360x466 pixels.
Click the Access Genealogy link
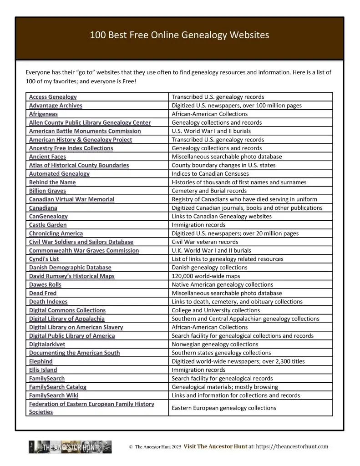[x=53, y=97]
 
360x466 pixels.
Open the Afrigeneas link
[x=43, y=114]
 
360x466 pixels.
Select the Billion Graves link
[x=47, y=191]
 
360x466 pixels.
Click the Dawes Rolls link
[x=45, y=284]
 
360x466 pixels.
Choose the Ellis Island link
[x=43, y=370]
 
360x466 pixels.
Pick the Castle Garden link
[x=48, y=225]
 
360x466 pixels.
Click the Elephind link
[x=41, y=361]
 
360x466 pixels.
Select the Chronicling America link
[x=56, y=233]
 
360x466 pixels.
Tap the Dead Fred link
[x=43, y=293]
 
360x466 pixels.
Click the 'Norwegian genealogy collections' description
[x=215, y=344]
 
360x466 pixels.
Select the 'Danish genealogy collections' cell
[x=209, y=268]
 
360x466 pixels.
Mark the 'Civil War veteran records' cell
[x=205, y=242]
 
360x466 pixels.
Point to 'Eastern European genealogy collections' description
[x=223, y=408]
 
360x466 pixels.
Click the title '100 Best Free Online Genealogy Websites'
[x=180, y=35]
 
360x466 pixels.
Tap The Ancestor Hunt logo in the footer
[x=70, y=447]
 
